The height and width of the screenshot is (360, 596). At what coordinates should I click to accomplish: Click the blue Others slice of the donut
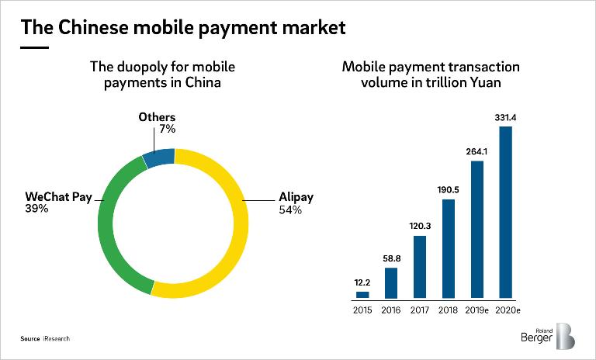(x=158, y=158)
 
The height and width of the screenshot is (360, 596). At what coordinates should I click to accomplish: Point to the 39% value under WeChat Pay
(x=36, y=209)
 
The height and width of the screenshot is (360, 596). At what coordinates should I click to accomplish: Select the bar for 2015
(x=362, y=294)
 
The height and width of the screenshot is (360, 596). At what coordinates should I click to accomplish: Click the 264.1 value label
(x=477, y=151)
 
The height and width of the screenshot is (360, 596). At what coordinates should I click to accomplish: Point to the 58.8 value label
(x=391, y=258)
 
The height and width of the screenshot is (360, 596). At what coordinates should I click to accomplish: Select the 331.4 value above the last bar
(x=506, y=117)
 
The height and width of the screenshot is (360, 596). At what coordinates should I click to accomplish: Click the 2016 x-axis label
(x=391, y=310)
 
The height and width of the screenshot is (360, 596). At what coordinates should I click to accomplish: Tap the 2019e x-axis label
(x=477, y=310)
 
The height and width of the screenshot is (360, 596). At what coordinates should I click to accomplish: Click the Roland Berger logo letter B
(x=565, y=335)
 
